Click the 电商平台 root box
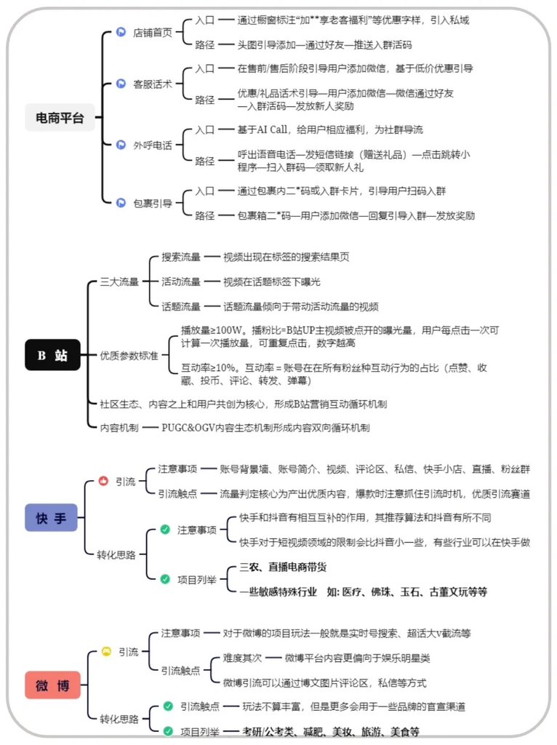coord(60,117)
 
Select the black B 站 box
coord(52,355)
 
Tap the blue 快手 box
coord(51,518)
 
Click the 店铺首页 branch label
coord(153,33)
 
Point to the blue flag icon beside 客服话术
coord(121,84)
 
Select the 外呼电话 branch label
coord(153,145)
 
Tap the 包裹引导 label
coord(153,203)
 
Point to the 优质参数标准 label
coord(129,355)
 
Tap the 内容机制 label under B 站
coord(119,428)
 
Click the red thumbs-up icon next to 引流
coord(103,481)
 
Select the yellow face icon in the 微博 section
coord(105,652)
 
